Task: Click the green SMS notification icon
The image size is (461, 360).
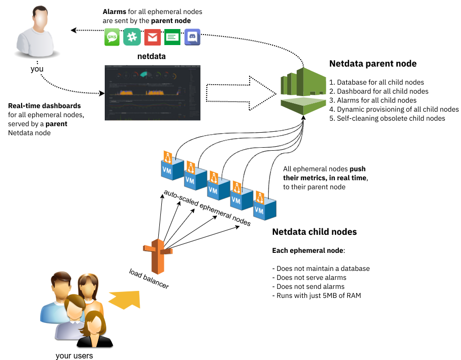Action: (x=112, y=38)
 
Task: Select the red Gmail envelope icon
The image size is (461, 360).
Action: (x=152, y=38)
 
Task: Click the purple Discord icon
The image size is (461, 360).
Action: (x=192, y=38)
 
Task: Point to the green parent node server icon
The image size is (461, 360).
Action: (x=303, y=90)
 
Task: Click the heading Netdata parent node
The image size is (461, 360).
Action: (x=373, y=64)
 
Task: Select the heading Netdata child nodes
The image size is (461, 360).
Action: (x=314, y=232)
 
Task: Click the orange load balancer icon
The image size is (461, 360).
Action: (x=157, y=250)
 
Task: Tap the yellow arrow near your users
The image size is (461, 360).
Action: (x=125, y=300)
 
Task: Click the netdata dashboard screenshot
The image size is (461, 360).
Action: (x=151, y=92)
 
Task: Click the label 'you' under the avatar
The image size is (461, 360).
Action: (x=37, y=69)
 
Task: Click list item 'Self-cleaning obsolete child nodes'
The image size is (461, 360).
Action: (x=387, y=118)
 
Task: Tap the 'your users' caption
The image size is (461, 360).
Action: (x=74, y=355)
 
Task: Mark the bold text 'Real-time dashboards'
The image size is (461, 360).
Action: (x=45, y=106)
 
